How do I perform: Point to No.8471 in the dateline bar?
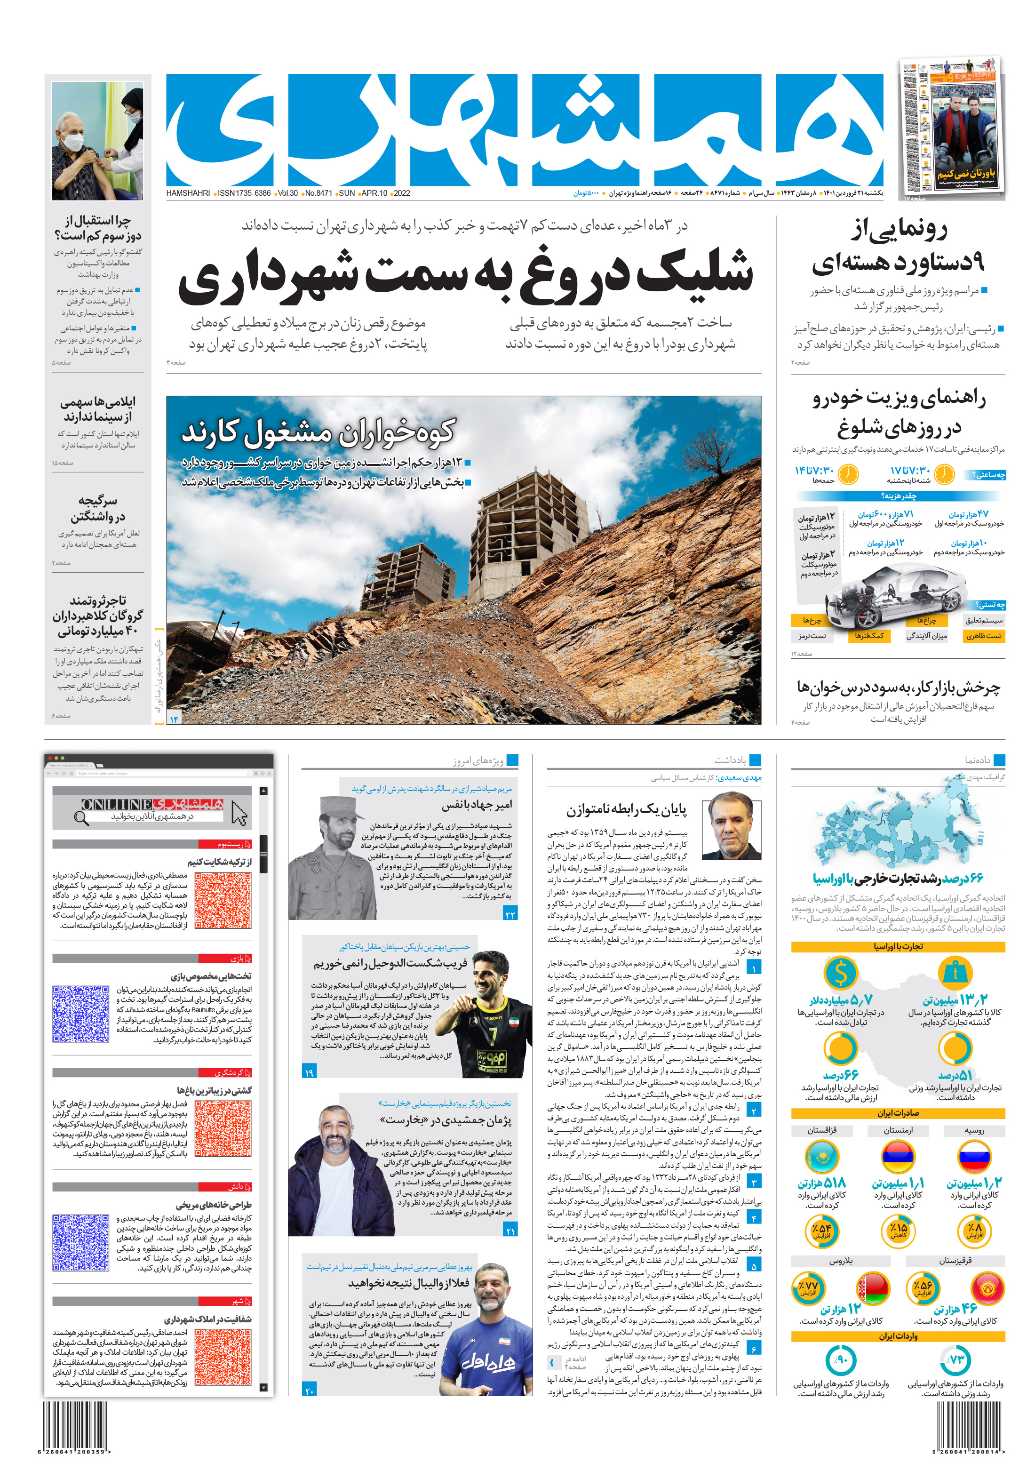(x=318, y=193)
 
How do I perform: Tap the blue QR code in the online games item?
(x=80, y=1013)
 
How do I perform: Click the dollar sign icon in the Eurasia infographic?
(x=841, y=973)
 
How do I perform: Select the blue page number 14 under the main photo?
(x=173, y=718)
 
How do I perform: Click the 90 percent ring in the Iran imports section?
(x=841, y=1360)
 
